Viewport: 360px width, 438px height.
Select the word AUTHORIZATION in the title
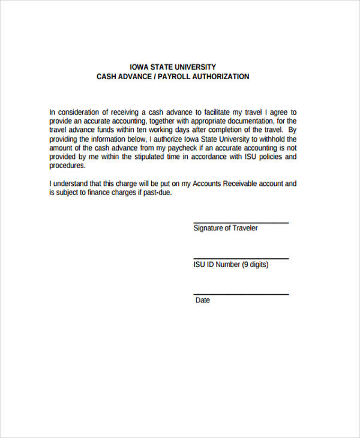click(220, 77)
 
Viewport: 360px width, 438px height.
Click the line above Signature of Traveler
click(241, 223)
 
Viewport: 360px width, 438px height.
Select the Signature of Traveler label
click(226, 229)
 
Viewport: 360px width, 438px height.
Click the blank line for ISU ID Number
click(241, 259)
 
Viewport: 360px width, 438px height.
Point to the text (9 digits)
click(255, 265)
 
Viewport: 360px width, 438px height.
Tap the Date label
click(202, 300)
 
